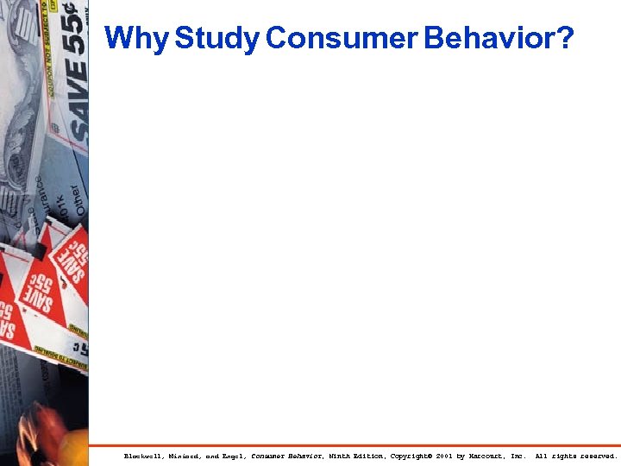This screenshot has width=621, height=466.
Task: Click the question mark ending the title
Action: (x=564, y=39)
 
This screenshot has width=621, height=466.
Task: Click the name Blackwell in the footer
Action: (x=143, y=456)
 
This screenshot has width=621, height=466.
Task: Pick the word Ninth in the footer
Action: (x=337, y=456)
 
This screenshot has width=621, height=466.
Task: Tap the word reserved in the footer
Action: (x=598, y=456)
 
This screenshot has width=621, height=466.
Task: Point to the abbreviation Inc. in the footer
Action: (x=518, y=456)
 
